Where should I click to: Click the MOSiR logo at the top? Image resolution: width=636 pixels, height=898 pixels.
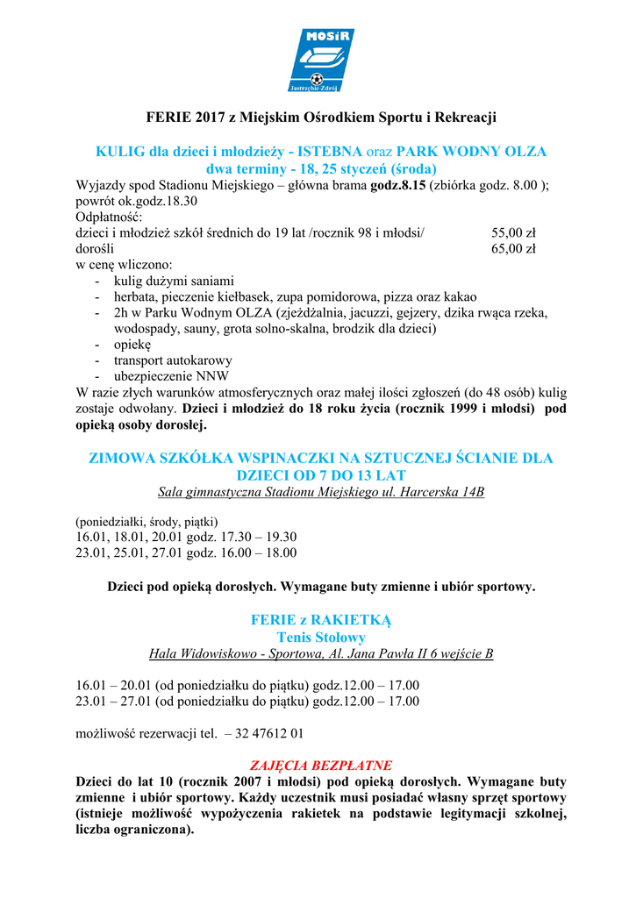tap(318, 60)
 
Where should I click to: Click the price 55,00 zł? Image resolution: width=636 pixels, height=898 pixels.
tap(513, 233)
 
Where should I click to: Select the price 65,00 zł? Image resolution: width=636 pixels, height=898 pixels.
tap(513, 249)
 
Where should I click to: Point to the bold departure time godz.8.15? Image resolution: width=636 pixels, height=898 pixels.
tap(398, 185)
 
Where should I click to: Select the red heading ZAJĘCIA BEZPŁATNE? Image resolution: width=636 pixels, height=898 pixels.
tap(321, 765)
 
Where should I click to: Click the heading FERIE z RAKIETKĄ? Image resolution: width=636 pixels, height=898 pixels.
tap(321, 620)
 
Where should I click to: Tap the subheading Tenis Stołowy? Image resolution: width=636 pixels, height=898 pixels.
tap(321, 638)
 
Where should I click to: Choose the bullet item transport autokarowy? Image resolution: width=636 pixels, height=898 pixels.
tap(173, 360)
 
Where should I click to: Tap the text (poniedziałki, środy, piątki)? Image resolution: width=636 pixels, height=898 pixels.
tap(147, 521)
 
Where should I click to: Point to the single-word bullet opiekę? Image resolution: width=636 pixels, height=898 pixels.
tap(132, 345)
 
